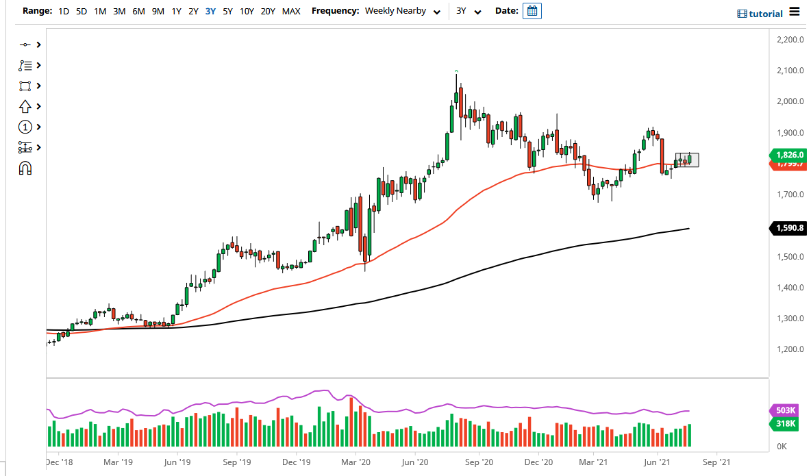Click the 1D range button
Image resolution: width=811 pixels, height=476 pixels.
point(63,11)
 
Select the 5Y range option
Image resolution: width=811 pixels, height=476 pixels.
point(227,11)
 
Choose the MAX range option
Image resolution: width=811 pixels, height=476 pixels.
point(291,11)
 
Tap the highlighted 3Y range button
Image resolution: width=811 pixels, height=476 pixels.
point(210,11)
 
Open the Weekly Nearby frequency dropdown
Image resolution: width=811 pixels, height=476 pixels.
point(402,11)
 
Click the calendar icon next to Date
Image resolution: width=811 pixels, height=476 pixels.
point(532,11)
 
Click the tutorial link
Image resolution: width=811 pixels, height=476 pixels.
point(760,14)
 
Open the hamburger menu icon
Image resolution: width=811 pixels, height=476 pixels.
point(794,11)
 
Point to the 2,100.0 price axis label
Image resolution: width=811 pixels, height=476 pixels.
point(790,71)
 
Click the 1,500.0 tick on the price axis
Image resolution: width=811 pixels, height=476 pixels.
point(790,257)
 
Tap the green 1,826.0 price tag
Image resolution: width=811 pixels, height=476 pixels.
point(790,155)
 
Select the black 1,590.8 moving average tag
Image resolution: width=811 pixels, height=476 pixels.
point(790,227)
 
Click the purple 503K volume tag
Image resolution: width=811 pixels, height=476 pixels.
point(786,410)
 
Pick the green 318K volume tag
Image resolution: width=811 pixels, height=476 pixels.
point(786,424)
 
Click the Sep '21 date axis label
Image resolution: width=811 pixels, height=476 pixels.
point(716,462)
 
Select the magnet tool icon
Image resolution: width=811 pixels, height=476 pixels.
point(25,168)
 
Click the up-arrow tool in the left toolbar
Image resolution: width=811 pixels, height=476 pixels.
point(25,106)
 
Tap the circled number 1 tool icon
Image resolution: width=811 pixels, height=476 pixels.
point(25,127)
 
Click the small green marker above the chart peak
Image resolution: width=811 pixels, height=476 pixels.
point(456,71)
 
